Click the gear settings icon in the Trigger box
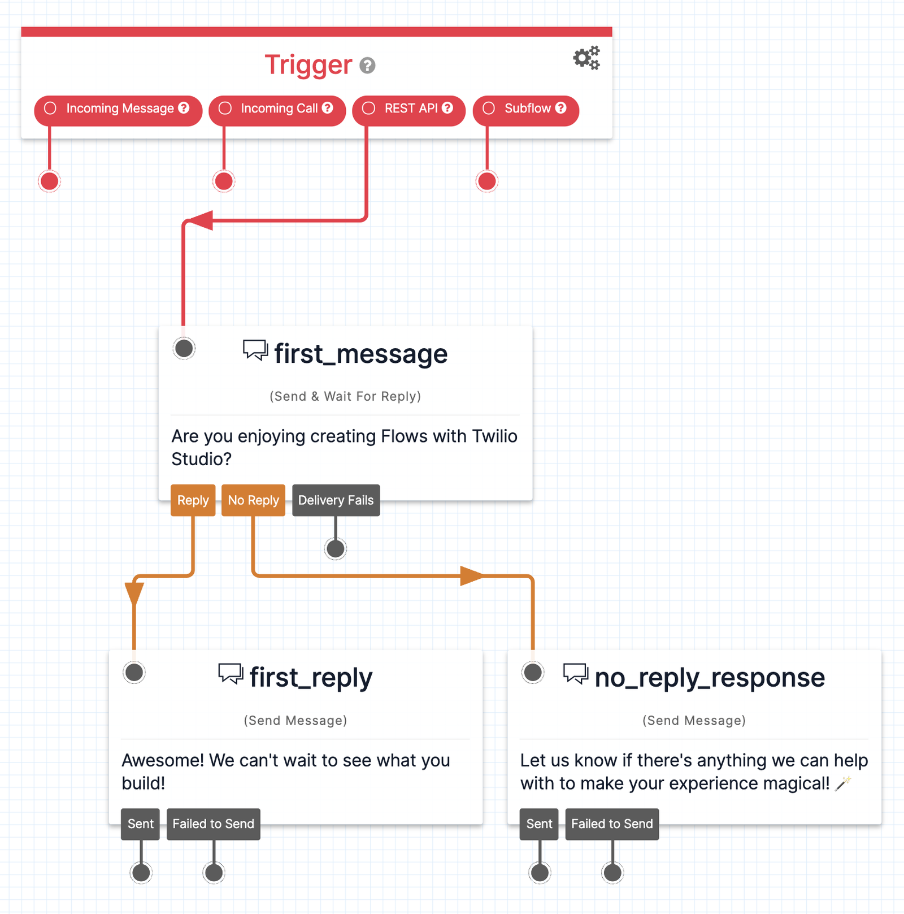(x=586, y=58)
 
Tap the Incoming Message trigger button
(x=118, y=109)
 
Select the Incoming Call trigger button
(x=277, y=109)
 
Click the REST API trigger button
(x=408, y=109)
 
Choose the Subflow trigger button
(x=525, y=109)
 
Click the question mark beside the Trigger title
(x=367, y=66)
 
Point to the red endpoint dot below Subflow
(x=487, y=181)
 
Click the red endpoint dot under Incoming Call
(x=224, y=181)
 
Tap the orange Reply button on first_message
(x=193, y=500)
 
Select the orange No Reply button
(x=253, y=500)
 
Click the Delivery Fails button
(x=336, y=500)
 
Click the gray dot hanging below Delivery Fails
(x=336, y=548)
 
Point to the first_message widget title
(x=360, y=354)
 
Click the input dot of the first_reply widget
(x=134, y=672)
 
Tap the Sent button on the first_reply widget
(x=140, y=824)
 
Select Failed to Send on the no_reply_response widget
(x=612, y=824)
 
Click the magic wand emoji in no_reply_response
(x=842, y=783)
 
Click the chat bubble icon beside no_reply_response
(x=575, y=674)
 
